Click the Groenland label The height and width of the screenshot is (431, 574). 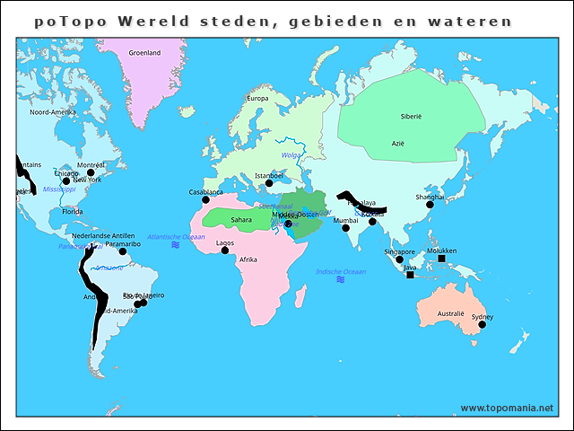click(144, 53)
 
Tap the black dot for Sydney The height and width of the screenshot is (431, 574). click(482, 325)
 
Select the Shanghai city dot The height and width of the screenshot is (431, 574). click(430, 205)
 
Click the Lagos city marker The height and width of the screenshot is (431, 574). click(225, 251)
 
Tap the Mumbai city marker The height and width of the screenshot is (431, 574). click(345, 228)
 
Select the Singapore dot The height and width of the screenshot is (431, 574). click(400, 259)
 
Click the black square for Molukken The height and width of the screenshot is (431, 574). click(441, 259)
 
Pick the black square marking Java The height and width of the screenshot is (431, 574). click(410, 275)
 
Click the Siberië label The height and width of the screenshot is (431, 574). click(411, 116)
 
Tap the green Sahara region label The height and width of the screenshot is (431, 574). click(241, 219)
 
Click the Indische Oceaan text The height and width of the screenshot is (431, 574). click(341, 271)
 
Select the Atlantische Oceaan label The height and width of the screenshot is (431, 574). click(176, 236)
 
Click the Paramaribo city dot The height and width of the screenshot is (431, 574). click(123, 251)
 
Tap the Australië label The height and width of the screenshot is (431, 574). click(450, 314)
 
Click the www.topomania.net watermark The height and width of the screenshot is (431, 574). click(507, 408)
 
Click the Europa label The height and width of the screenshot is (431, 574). click(257, 98)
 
